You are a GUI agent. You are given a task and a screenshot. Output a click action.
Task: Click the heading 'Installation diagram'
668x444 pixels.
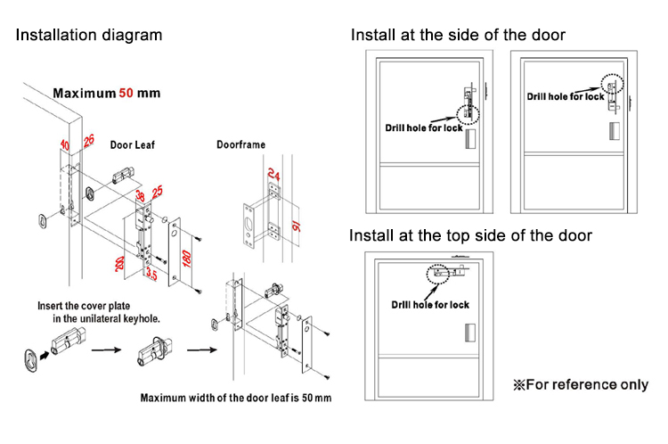[89, 36]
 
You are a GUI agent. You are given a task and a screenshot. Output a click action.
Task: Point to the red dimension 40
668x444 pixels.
[65, 144]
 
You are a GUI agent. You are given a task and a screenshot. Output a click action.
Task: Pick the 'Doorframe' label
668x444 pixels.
[240, 144]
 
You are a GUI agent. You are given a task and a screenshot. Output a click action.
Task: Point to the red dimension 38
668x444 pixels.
[139, 195]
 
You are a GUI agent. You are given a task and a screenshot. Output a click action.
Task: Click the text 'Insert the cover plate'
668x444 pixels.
[87, 305]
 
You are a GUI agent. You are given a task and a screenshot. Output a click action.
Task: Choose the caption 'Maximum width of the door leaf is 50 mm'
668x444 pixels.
[236, 398]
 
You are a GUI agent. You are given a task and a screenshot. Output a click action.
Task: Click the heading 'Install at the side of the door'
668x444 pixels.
[458, 36]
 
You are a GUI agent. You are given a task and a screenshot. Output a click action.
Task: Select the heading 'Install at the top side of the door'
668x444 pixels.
[470, 236]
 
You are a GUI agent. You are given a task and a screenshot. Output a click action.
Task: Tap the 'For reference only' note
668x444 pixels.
[579, 385]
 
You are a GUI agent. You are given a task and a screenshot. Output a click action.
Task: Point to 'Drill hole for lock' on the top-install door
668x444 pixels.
[430, 305]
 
